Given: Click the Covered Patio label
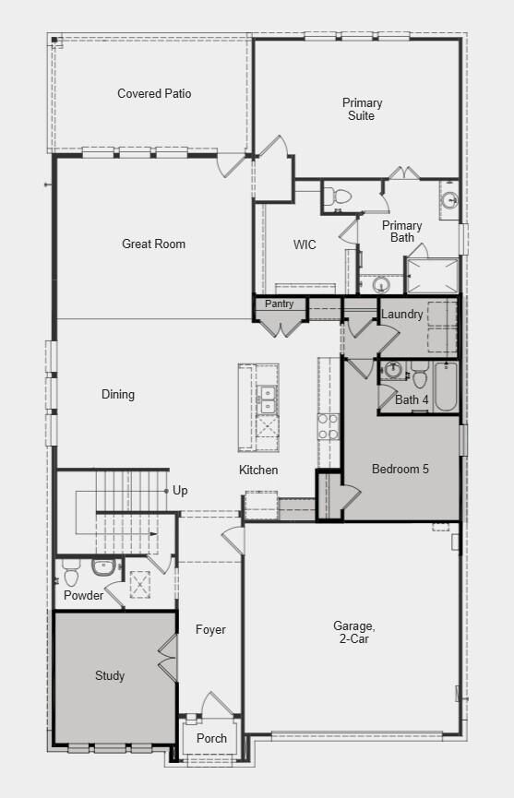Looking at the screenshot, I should click(x=154, y=93).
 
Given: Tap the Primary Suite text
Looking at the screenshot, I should click(x=362, y=109).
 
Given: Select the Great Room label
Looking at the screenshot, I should click(x=153, y=244).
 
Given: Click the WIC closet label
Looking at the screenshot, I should click(x=305, y=244).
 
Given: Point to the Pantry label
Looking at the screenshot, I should click(x=279, y=304).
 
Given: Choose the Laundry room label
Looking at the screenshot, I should click(x=402, y=314).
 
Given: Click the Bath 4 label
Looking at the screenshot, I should click(x=412, y=399).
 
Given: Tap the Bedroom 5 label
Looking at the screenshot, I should click(x=400, y=469).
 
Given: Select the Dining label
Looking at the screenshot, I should click(x=118, y=394).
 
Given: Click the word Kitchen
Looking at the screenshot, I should click(x=258, y=470).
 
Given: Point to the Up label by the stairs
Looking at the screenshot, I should click(x=180, y=490).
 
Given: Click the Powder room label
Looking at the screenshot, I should click(x=84, y=595).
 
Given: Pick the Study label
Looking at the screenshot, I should click(x=110, y=675).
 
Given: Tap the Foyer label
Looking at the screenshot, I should click(x=210, y=630).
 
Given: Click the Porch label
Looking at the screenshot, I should click(x=211, y=738).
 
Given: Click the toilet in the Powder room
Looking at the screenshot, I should click(x=71, y=575).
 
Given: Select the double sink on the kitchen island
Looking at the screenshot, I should click(x=268, y=400).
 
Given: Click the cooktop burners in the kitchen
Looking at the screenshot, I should click(x=328, y=426).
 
